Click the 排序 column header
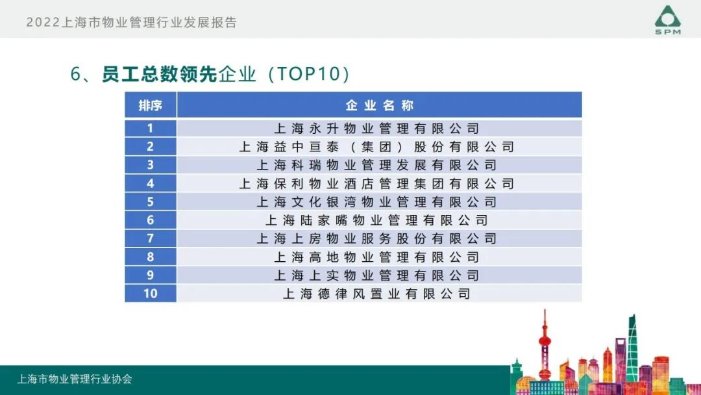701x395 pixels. tap(150, 105)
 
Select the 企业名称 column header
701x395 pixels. tap(379, 105)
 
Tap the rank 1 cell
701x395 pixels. tap(150, 128)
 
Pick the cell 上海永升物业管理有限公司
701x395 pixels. tap(376, 128)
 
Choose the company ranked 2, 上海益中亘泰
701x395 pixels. tap(376, 147)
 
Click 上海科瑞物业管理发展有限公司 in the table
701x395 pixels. tap(376, 165)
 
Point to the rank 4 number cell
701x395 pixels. tap(150, 183)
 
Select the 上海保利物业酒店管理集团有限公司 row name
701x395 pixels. tap(376, 183)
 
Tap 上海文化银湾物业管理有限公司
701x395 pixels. tap(376, 202)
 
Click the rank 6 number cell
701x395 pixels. tap(150, 220)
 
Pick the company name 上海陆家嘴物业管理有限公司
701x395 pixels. tap(376, 220)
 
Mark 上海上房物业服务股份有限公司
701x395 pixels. tap(376, 238)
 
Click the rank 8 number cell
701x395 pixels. tap(150, 257)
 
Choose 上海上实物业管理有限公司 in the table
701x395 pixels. tap(376, 275)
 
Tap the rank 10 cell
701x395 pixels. tap(150, 294)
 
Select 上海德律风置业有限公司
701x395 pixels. tap(376, 294)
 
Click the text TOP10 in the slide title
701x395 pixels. tap(309, 74)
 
